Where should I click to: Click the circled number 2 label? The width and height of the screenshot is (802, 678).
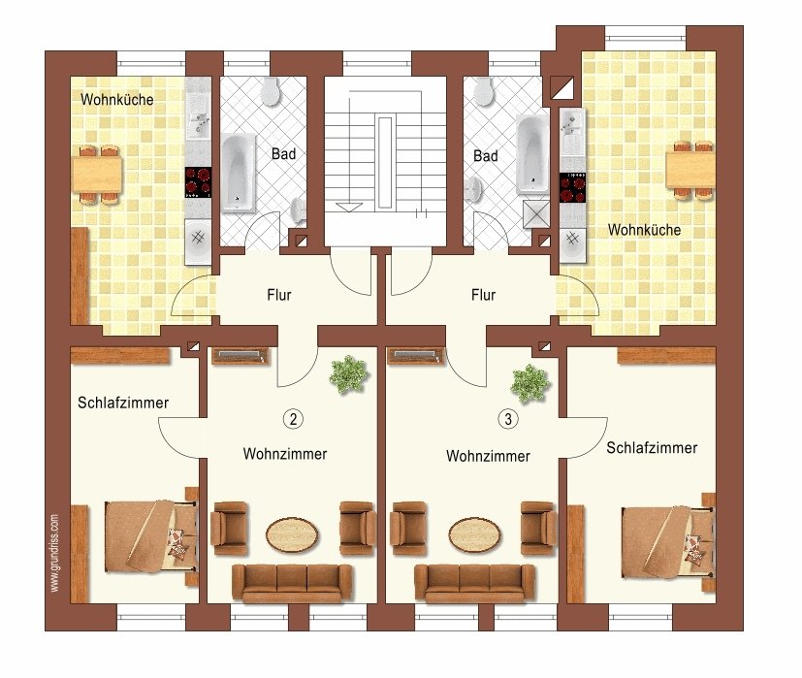(x=293, y=419)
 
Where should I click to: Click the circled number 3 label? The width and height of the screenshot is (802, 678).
(x=508, y=419)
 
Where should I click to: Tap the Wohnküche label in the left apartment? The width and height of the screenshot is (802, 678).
(x=117, y=99)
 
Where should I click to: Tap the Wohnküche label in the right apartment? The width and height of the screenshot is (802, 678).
(x=644, y=230)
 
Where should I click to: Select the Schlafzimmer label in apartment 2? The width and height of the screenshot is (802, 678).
(x=123, y=403)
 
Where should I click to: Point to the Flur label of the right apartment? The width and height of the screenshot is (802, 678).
(x=483, y=295)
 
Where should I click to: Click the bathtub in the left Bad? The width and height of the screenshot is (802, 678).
(x=238, y=173)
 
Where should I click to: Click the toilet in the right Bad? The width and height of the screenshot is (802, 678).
(x=483, y=91)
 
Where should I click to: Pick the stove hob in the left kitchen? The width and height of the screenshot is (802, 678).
(x=199, y=182)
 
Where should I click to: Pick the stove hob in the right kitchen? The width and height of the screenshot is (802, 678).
(x=573, y=188)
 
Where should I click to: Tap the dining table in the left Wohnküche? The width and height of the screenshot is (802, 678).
(x=97, y=175)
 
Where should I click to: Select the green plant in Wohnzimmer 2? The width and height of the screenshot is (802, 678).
(x=349, y=375)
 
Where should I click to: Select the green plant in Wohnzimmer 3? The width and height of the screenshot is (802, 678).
(x=529, y=384)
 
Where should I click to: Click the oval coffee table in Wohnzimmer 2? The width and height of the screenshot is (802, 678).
(x=292, y=534)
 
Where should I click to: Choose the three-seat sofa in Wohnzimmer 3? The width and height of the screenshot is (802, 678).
(x=474, y=583)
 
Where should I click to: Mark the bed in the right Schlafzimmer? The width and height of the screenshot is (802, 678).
(x=668, y=543)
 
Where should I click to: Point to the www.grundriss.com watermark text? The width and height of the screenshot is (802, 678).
(x=54, y=553)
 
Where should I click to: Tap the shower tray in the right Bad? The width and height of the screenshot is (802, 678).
(x=536, y=214)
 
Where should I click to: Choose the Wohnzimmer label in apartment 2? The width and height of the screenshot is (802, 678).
(x=285, y=454)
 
